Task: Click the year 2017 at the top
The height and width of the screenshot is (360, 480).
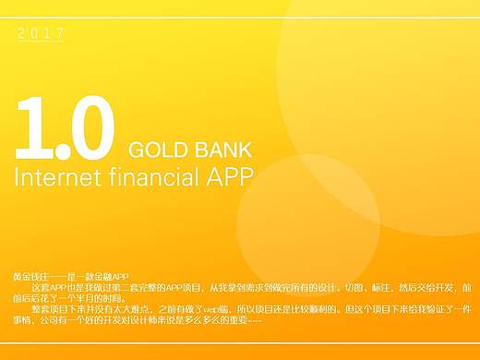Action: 41,34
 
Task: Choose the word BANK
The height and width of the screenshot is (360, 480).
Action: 222,150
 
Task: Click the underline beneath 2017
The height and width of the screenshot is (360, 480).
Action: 41,42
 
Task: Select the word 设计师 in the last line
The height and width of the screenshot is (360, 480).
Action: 159,321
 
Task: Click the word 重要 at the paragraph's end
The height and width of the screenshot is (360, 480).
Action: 236,321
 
